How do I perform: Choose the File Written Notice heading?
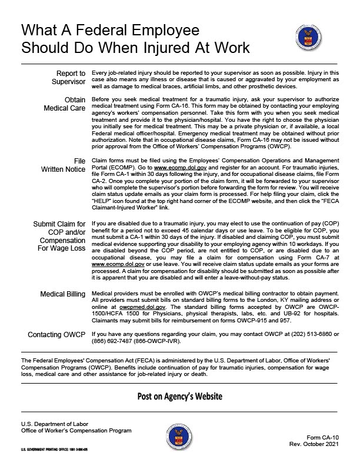(x=62, y=165)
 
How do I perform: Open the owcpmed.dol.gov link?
(x=142, y=307)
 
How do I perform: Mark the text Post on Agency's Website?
(x=180, y=396)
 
